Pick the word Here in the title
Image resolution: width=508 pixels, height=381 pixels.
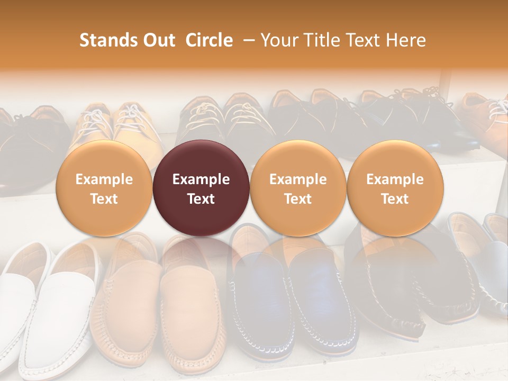[407, 40]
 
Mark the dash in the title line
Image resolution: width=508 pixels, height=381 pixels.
[247, 40]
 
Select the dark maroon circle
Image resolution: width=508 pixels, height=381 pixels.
[201, 188]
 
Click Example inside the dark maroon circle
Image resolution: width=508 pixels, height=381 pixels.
[201, 179]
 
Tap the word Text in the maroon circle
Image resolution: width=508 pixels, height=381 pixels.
[201, 199]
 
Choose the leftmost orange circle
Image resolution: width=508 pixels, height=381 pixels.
[104, 188]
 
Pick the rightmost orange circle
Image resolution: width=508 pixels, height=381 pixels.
[395, 188]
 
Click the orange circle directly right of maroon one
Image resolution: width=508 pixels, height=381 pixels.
[298, 188]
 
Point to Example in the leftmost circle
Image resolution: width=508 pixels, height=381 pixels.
[104, 179]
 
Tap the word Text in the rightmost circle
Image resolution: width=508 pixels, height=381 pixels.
[395, 199]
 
